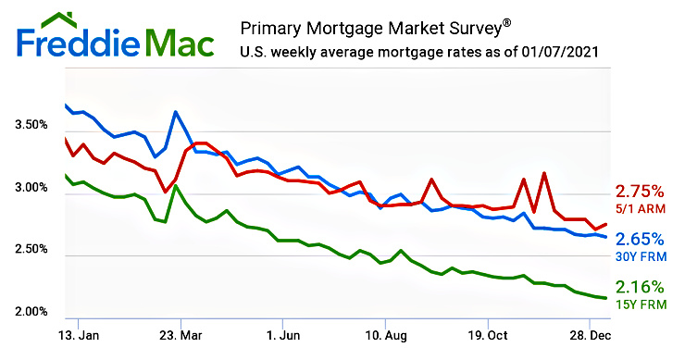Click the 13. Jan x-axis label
79,334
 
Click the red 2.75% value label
640,192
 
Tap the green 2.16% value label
640,287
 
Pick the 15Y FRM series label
640,304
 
